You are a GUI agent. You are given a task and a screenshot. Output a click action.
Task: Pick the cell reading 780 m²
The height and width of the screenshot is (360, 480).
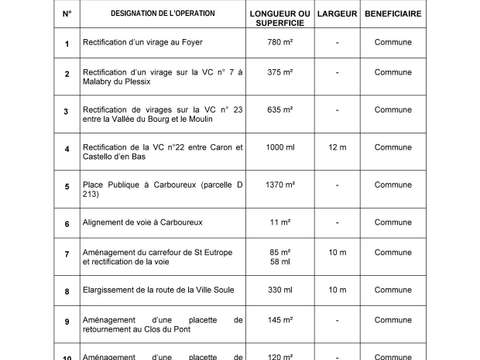tap(280, 45)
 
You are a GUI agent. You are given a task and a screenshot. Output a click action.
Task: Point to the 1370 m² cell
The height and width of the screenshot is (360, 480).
tap(280, 185)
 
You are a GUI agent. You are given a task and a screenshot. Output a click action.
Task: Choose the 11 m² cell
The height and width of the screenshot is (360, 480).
tap(280, 223)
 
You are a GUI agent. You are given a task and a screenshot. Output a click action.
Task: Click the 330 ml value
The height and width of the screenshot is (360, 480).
tap(280, 290)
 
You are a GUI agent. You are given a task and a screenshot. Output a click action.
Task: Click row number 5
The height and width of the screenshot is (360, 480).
tap(66, 186)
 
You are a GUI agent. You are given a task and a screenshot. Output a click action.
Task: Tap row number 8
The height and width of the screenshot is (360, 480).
tap(66, 291)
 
